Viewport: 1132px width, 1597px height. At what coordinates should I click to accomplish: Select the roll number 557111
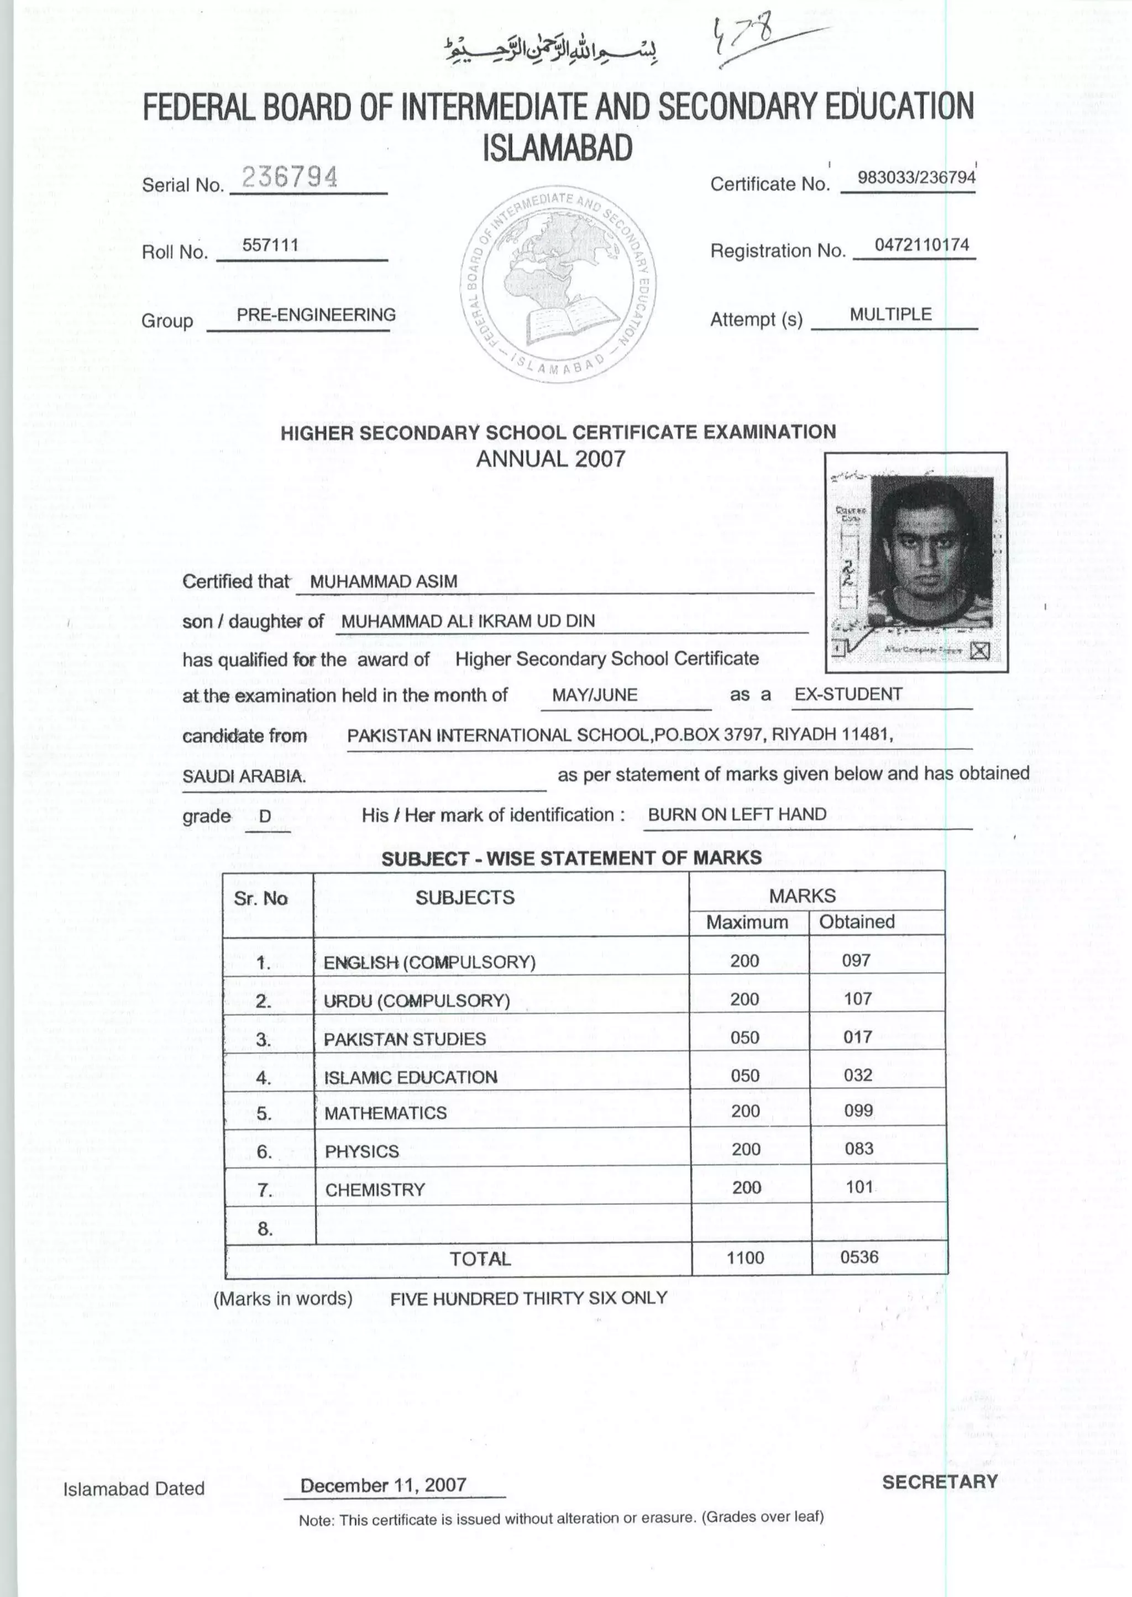tap(270, 245)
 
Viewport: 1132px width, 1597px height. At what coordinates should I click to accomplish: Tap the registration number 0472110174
tap(921, 245)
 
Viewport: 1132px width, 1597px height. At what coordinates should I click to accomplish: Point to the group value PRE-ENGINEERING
tap(316, 315)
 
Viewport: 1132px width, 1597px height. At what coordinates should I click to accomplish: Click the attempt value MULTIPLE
tap(890, 315)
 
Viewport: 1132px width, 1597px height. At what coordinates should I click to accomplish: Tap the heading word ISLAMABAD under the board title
tap(558, 147)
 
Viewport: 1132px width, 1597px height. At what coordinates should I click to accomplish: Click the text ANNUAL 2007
tap(551, 459)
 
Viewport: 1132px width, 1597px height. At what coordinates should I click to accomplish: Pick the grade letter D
tap(265, 817)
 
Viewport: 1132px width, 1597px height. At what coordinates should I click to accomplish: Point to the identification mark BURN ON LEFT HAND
tap(737, 814)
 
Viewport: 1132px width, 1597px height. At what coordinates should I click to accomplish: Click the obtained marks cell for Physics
tap(858, 1149)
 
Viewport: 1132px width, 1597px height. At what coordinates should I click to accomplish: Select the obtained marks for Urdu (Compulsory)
tap(857, 999)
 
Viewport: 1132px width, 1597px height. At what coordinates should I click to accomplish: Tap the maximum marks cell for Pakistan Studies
tap(745, 1037)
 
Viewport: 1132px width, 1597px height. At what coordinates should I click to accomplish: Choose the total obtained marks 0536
tap(859, 1257)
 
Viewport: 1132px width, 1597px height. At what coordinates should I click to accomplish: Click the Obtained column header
tap(857, 922)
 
